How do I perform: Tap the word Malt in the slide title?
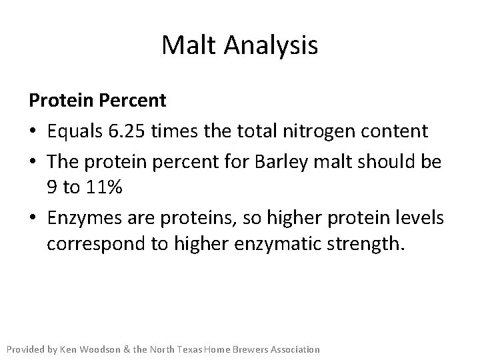click(x=189, y=46)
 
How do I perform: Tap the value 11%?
click(x=103, y=189)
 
